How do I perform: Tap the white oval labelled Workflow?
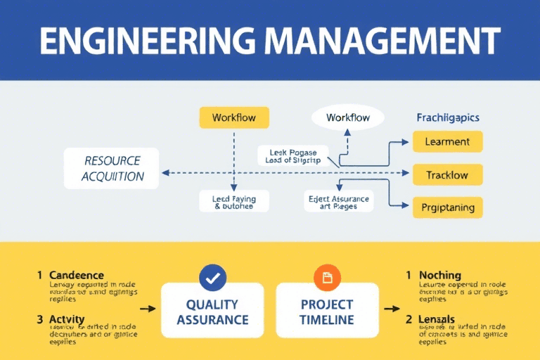coord(348,117)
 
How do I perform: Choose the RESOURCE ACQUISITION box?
coord(111,169)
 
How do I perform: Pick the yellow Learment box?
coord(446,141)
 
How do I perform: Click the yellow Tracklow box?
coord(446,175)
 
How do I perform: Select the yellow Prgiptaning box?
coord(446,207)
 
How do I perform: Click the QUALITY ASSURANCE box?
coord(212,311)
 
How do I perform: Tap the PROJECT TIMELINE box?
coord(326,311)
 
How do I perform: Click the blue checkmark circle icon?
coord(212,278)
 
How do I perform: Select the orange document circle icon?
coord(327,278)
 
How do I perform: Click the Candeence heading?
coord(77,275)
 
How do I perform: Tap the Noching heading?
coord(439,275)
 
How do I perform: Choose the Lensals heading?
coord(436,319)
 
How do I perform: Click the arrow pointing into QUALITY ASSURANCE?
coord(148,308)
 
